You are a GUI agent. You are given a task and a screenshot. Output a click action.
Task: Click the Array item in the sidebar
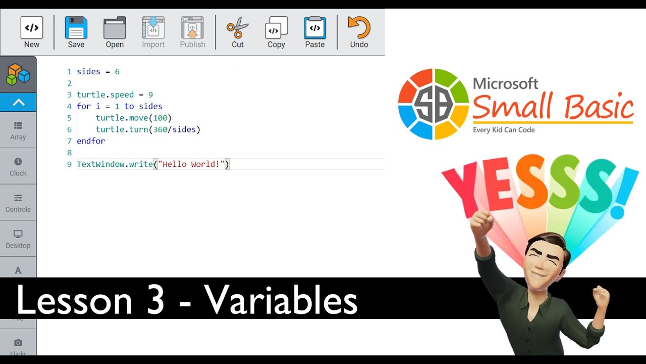coord(18,130)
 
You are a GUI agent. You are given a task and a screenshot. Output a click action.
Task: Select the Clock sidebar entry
coord(18,166)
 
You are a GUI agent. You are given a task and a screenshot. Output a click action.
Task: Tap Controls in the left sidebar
coord(18,203)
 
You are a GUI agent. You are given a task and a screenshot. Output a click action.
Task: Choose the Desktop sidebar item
coord(18,239)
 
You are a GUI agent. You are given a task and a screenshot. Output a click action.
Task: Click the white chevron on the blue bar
coord(18,103)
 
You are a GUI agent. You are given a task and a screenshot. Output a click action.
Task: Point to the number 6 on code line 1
coord(117,72)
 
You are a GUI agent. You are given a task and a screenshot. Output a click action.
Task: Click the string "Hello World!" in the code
coord(191,164)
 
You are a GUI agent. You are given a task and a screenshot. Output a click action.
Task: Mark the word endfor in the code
coord(91,141)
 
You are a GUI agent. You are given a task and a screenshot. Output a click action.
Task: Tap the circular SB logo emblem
coord(434,104)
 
